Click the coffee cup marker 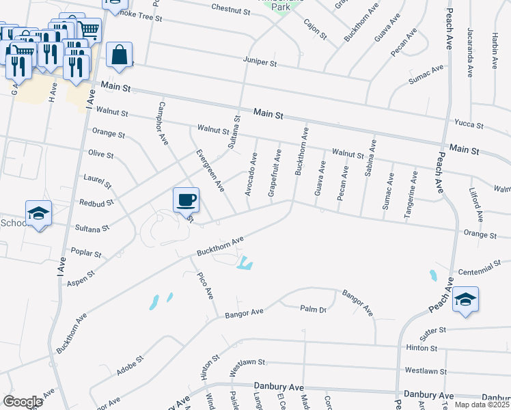[186, 200]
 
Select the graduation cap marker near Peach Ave [465, 299]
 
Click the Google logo [23, 402]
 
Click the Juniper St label [260, 61]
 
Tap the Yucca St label [469, 126]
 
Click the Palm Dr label [314, 310]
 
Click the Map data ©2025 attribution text [481, 405]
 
